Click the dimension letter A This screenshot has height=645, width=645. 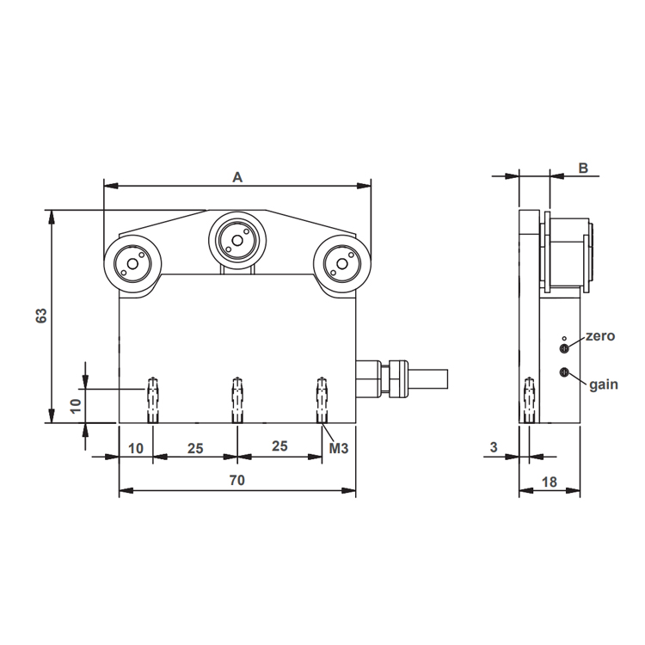[x=237, y=177]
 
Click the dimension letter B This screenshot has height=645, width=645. [x=583, y=168]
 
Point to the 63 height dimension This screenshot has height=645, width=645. [x=41, y=316]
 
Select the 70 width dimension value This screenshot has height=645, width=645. [x=237, y=480]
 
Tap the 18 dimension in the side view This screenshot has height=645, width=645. [x=550, y=482]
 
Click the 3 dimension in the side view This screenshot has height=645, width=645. [x=494, y=446]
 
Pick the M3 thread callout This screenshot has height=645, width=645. [x=339, y=448]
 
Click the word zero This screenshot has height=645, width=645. [x=600, y=336]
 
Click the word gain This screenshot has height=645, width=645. [x=604, y=384]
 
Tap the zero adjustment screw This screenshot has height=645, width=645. [x=564, y=349]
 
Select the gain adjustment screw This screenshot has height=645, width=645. [x=564, y=372]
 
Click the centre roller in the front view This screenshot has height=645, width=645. [x=237, y=239]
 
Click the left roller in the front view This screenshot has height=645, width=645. [x=132, y=264]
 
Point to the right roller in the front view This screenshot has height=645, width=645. [x=341, y=263]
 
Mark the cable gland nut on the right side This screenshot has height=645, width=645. [x=398, y=378]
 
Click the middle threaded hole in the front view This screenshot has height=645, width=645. [x=236, y=400]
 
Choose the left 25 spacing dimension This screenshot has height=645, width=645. [x=195, y=448]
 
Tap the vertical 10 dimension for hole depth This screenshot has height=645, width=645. [x=76, y=406]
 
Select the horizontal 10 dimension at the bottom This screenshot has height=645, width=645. [x=136, y=448]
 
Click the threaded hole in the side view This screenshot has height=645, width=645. [x=529, y=400]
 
